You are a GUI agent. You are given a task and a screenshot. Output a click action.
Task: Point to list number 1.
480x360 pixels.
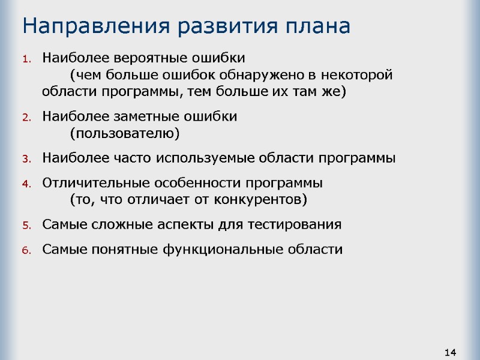[26, 59]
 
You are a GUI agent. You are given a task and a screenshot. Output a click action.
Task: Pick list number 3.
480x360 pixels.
[26, 160]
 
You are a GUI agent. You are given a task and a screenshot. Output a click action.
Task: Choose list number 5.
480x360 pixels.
[26, 226]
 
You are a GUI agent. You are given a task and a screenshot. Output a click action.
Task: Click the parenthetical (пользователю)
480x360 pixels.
[125, 133]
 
